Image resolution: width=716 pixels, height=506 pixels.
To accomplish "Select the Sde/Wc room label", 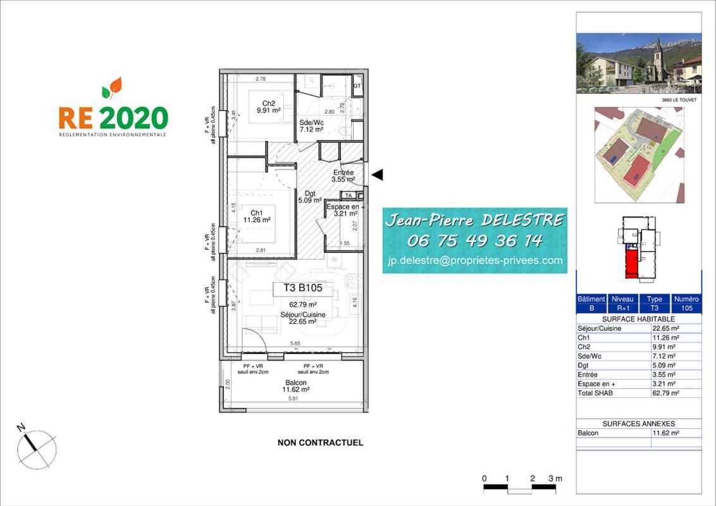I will tap(311, 125).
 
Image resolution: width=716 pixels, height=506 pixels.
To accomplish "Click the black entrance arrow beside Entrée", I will tap(377, 175).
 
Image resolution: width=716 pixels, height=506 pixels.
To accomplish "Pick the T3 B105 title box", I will tap(302, 288).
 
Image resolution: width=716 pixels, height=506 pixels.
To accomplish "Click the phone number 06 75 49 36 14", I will tap(474, 240).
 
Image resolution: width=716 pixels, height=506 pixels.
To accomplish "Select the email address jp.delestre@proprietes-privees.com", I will tap(474, 260).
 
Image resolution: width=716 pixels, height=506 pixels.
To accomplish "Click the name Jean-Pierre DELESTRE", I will tap(474, 220).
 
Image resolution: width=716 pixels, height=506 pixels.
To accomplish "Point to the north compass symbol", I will tap(36, 448).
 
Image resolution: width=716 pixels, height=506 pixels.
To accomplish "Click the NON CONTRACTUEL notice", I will tap(320, 443).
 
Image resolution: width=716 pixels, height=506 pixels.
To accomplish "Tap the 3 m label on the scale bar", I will tap(555, 478).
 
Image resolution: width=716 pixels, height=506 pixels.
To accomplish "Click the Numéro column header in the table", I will tap(686, 299).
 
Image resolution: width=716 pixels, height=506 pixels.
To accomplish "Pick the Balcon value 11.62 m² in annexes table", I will tap(665, 433).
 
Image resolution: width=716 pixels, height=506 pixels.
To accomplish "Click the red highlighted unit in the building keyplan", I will tap(631, 264).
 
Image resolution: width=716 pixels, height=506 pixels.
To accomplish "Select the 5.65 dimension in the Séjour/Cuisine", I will tap(295, 343).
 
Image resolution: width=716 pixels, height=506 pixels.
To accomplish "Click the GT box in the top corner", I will tap(357, 85).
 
